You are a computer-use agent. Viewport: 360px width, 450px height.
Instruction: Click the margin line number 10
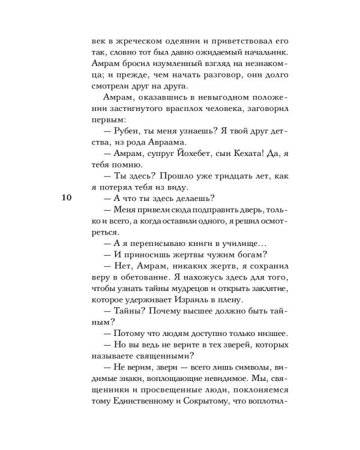click(67, 199)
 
